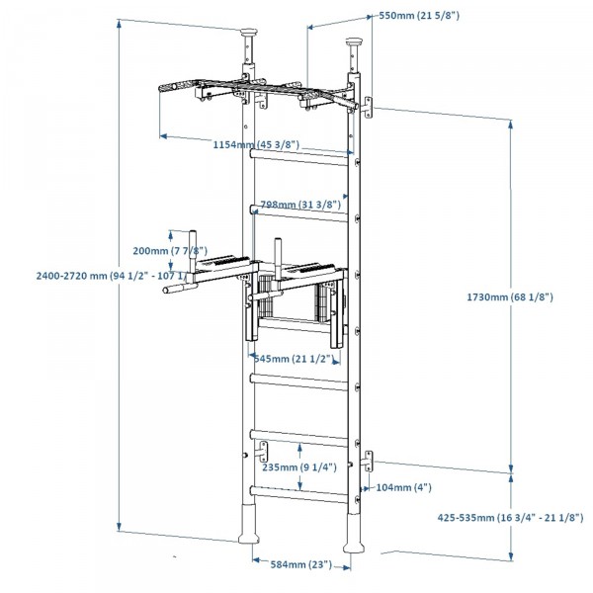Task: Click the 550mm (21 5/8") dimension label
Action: point(420,17)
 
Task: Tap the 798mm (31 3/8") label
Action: point(300,205)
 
